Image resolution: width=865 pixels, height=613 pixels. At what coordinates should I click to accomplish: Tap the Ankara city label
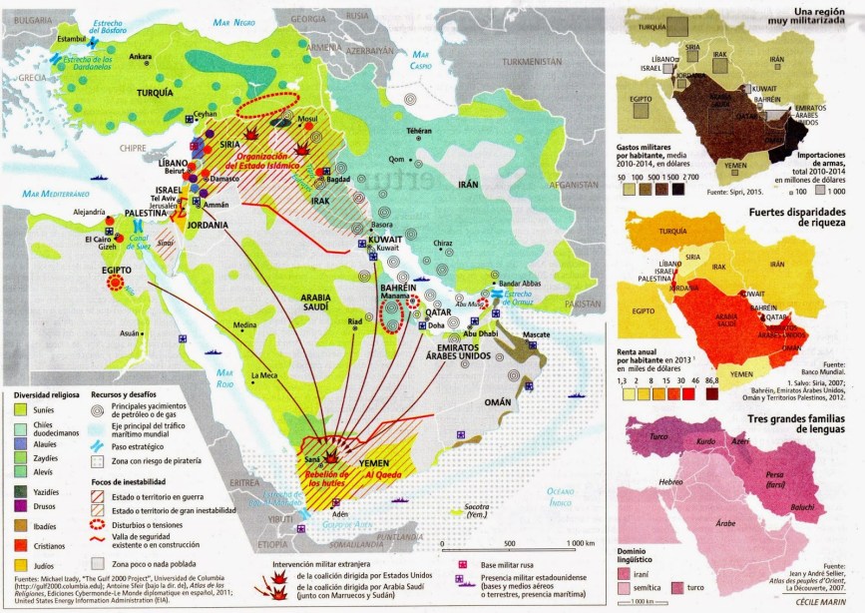pos(140,57)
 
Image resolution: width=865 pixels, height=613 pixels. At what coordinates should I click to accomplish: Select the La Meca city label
pos(262,375)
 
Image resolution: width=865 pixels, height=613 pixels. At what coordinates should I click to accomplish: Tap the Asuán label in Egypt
pos(130,332)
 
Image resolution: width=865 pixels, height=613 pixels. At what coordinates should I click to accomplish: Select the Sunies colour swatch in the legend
pos(21,409)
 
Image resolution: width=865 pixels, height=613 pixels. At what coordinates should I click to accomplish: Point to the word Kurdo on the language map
pos(707,440)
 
